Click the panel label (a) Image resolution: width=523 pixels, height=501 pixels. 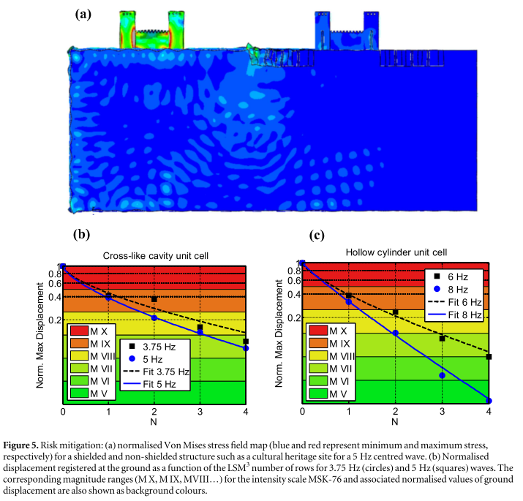(x=83, y=13)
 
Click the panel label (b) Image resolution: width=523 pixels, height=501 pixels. (x=81, y=235)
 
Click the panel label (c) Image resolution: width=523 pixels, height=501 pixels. (x=315, y=235)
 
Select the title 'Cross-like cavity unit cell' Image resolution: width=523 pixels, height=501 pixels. (x=156, y=255)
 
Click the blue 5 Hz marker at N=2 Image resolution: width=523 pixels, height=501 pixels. (x=154, y=317)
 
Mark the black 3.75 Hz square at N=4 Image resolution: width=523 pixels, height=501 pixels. (x=246, y=342)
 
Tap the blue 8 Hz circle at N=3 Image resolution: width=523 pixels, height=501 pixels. (x=442, y=376)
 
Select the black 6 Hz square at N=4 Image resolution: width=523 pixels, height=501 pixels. (x=489, y=357)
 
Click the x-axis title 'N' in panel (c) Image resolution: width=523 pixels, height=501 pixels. (x=395, y=422)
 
